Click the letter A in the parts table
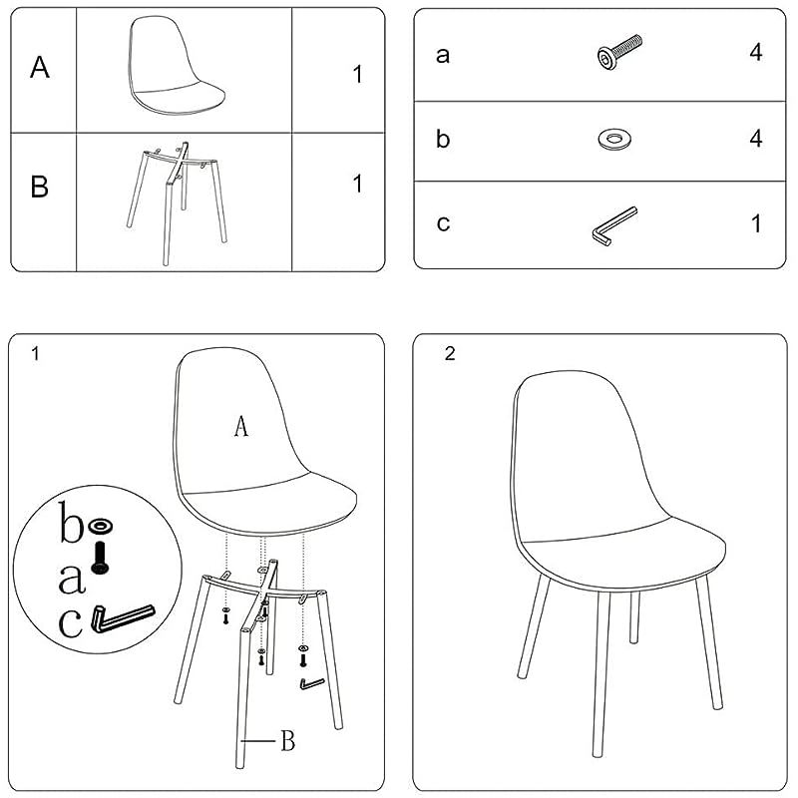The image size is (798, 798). [40, 68]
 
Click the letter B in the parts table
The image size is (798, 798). [39, 187]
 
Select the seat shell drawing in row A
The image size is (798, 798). [176, 65]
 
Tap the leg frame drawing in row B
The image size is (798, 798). [177, 202]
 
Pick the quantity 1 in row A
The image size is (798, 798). [358, 74]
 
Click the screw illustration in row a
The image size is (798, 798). [619, 52]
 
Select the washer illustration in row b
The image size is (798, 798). [614, 139]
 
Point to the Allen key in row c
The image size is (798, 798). [613, 226]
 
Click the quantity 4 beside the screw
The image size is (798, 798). [756, 53]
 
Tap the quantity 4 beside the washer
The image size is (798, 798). [756, 139]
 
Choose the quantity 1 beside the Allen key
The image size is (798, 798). [757, 223]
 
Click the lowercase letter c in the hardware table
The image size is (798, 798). [443, 223]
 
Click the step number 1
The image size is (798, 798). [35, 354]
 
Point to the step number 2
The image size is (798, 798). [450, 354]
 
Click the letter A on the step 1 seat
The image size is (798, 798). [241, 426]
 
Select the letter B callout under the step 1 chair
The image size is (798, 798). [288, 740]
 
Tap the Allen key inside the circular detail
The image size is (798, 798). [122, 617]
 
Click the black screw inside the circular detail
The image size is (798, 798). [100, 559]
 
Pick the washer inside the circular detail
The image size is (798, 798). [100, 527]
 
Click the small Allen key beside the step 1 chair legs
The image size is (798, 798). [311, 684]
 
